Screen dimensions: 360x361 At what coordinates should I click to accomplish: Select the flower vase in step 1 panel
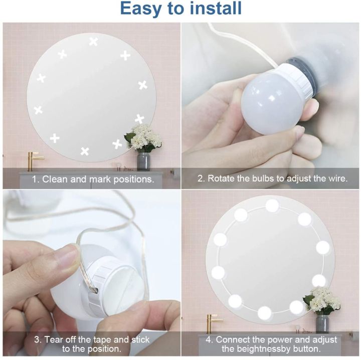[143, 160]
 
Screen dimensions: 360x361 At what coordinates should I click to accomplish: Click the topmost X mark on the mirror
[93, 42]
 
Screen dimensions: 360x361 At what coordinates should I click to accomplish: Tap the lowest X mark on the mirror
[85, 151]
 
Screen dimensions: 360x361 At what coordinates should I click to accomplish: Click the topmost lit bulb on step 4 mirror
[272, 205]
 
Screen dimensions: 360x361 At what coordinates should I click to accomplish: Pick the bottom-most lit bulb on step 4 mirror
[264, 313]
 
